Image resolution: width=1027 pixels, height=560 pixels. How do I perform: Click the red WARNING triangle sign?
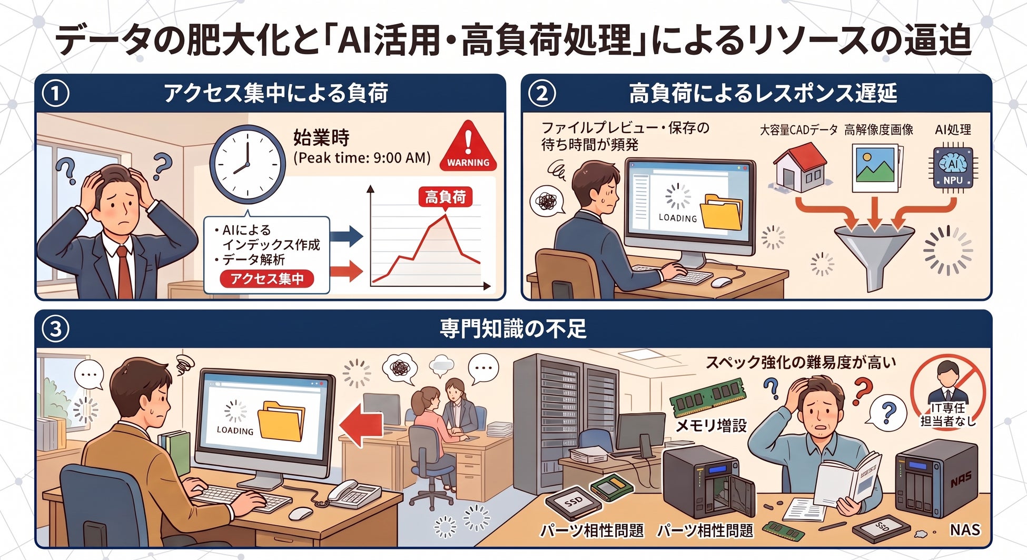point(468,145)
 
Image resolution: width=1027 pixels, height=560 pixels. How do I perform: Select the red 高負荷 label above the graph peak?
point(446,197)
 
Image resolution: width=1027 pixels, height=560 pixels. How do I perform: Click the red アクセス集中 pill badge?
point(267,278)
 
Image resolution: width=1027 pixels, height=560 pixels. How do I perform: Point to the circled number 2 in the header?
point(542,93)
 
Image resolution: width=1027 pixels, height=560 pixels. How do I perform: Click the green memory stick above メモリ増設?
point(708,397)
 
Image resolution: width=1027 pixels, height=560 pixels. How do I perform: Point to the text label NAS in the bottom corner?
point(964,529)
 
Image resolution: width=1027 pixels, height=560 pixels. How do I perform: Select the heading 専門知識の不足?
point(513,328)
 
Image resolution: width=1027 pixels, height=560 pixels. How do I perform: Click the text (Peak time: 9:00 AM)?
point(362,158)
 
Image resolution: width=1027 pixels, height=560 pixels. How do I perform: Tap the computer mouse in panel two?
point(721,282)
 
